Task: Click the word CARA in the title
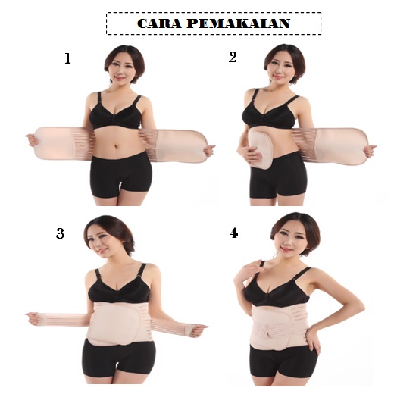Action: (x=159, y=23)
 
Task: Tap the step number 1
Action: (x=67, y=58)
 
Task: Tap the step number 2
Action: (x=233, y=57)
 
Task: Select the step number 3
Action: (x=60, y=233)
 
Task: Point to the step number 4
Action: (x=234, y=233)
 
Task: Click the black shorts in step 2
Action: (x=278, y=177)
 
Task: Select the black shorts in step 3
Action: (x=119, y=358)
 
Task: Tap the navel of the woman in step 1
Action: (x=116, y=146)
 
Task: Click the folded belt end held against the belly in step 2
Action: (x=255, y=149)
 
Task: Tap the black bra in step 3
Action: (x=119, y=286)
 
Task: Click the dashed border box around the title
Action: (x=214, y=13)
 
